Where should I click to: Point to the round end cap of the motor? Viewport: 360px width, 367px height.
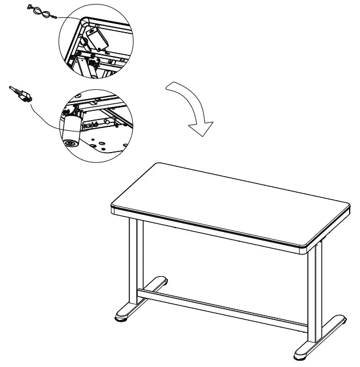click(x=71, y=142)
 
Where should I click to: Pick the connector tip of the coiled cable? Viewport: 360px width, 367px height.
click(x=54, y=17)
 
